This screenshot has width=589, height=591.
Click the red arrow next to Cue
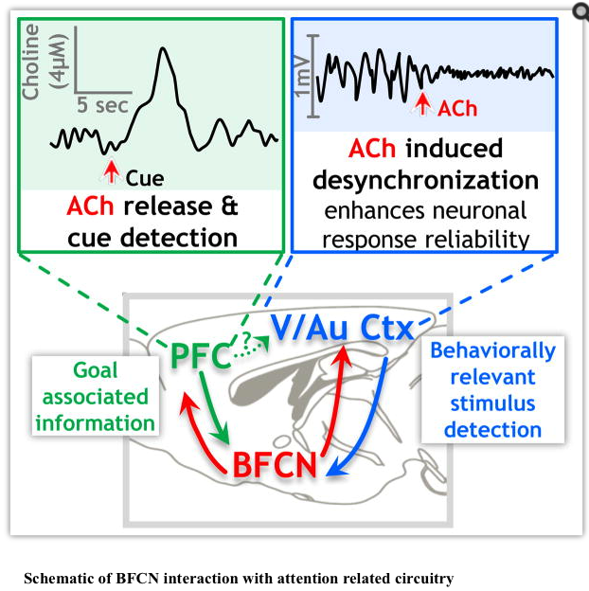pyautogui.click(x=112, y=170)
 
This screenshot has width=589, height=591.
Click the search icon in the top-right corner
pyautogui.click(x=578, y=10)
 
